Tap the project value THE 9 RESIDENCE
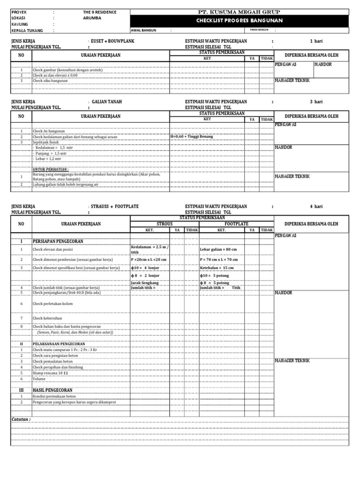[99, 12]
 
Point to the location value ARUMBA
[92, 18]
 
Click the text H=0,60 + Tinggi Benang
[193, 136]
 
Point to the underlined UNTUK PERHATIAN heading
[51, 169]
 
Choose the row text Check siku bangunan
[50, 81]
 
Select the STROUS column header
[165, 224]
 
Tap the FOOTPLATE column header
[236, 224]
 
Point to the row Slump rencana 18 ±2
[51, 373]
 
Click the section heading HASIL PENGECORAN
[52, 390]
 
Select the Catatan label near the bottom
[21, 419]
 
